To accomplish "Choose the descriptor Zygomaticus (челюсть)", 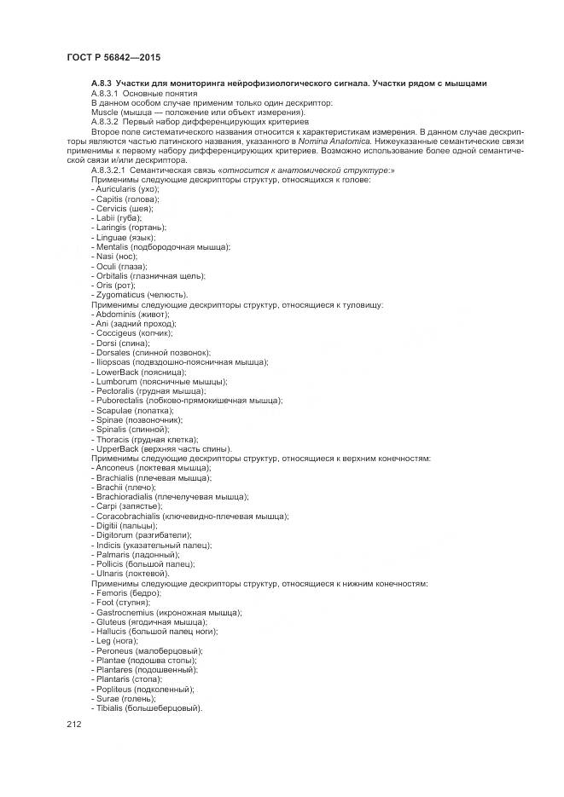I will [138, 295].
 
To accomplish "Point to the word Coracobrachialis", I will [131, 517].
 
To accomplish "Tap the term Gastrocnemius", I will [125, 613].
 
